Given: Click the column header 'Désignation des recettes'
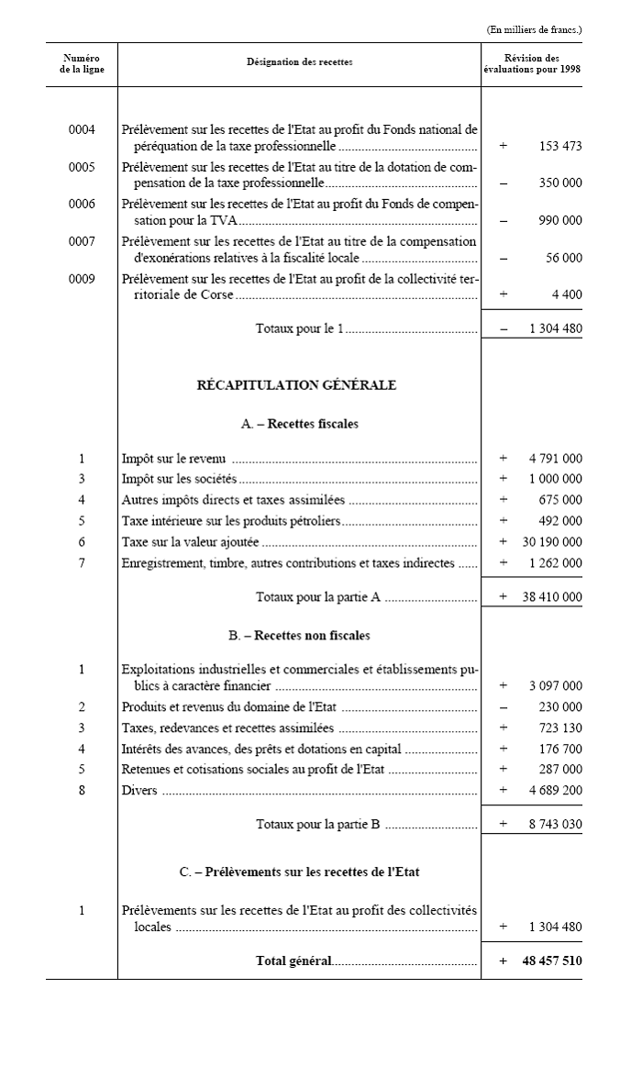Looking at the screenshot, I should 299,62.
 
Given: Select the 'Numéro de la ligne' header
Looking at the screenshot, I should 82,63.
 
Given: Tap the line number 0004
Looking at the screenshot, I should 82,129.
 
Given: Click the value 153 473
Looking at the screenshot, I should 559,146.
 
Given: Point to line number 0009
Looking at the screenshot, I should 82,279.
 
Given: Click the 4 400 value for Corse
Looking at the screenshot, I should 570,295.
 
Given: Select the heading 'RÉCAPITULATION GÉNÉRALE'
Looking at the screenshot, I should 297,385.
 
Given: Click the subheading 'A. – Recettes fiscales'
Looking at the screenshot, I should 299,424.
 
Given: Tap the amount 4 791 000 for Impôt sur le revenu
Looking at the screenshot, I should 555,458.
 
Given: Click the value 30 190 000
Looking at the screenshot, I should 552,542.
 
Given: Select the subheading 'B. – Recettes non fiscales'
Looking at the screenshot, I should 299,635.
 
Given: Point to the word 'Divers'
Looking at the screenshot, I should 139,791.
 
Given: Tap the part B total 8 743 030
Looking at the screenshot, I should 555,825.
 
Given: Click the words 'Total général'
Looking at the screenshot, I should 293,961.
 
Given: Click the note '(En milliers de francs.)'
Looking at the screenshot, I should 534,30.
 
